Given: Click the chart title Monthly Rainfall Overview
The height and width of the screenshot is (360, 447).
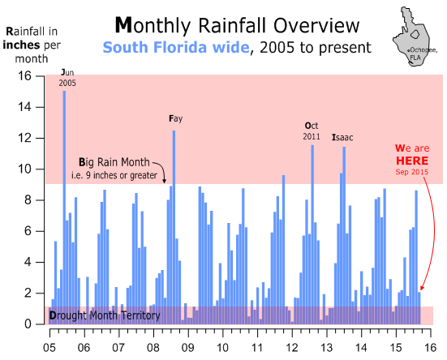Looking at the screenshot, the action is tap(237, 26).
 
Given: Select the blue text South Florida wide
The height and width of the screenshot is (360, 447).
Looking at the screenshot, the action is tap(176, 47).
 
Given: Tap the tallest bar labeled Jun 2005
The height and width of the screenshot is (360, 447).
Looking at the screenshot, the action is tap(64, 208).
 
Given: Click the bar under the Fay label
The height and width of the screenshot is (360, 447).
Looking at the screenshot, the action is tap(174, 227).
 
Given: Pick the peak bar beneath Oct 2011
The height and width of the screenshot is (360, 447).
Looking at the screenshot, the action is tap(312, 234).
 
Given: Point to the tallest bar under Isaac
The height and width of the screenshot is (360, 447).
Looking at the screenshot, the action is tap(344, 235).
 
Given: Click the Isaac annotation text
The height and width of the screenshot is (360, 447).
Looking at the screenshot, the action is tap(342, 138).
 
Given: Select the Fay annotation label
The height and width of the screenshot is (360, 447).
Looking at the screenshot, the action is tap(175, 118).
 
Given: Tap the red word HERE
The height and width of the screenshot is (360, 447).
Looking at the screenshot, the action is tap(412, 161).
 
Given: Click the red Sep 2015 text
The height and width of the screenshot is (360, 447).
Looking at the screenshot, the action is tap(412, 172).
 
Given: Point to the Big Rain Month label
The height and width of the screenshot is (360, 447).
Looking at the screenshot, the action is tap(114, 162).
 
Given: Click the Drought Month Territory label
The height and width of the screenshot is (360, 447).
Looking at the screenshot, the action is tap(105, 315).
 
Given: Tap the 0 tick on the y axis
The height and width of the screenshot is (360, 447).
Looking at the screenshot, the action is tap(28, 324).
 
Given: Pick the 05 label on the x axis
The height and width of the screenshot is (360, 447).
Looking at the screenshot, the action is tap(49, 348).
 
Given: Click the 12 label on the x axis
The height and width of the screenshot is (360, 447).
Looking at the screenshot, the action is tap(292, 348).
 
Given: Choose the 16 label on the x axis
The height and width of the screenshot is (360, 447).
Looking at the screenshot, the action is tap(431, 348).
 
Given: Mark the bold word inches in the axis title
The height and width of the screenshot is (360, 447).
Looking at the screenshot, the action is tap(21, 45).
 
